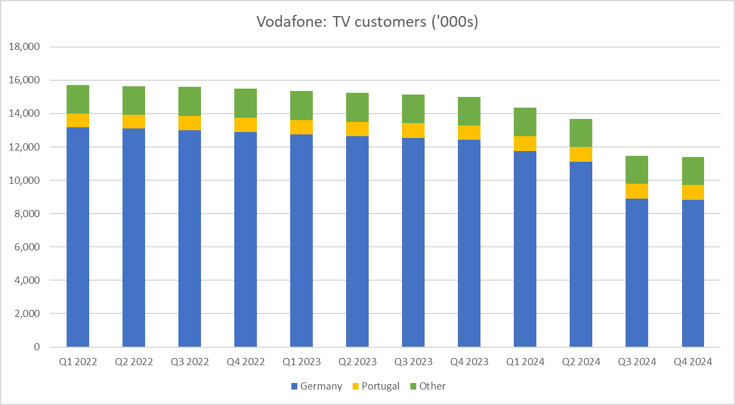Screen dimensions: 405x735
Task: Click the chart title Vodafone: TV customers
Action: pyautogui.click(x=367, y=22)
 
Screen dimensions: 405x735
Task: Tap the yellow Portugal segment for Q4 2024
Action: pyautogui.click(x=693, y=192)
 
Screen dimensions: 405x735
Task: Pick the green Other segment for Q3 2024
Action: pyautogui.click(x=637, y=170)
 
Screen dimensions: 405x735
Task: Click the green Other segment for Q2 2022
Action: pyautogui.click(x=134, y=101)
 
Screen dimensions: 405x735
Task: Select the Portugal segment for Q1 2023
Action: pyautogui.click(x=301, y=127)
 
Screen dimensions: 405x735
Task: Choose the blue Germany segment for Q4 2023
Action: pyautogui.click(x=469, y=243)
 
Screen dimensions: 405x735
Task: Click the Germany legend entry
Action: pyautogui.click(x=316, y=386)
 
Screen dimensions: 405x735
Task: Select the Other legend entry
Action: pyautogui.click(x=427, y=386)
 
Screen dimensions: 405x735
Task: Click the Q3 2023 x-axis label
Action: pyautogui.click(x=413, y=362)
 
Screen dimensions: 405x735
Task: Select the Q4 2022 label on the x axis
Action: pyautogui.click(x=246, y=362)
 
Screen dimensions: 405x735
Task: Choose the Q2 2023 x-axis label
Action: pyautogui.click(x=357, y=362)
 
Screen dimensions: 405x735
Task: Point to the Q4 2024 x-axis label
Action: pyautogui.click(x=693, y=362)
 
